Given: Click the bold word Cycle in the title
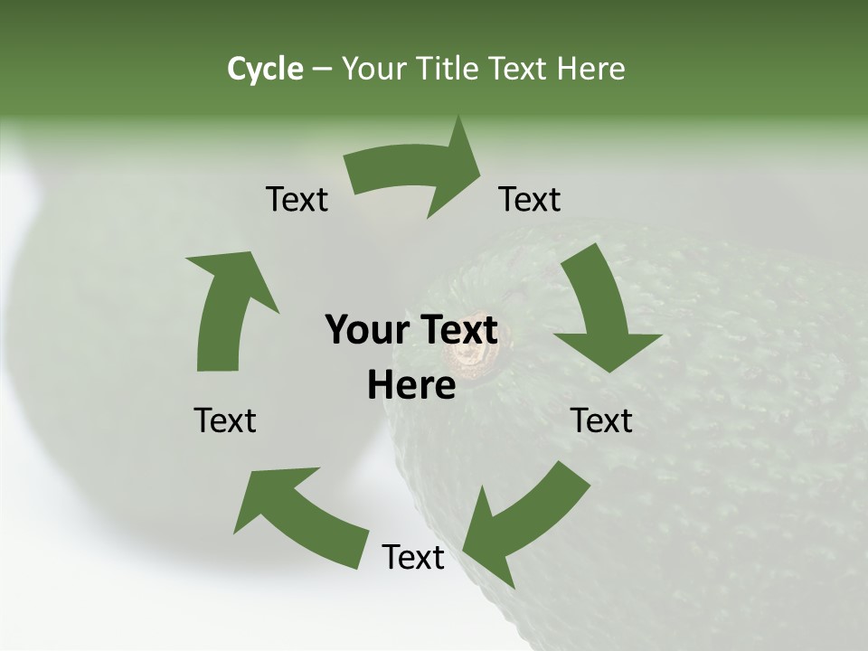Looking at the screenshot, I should [265, 69].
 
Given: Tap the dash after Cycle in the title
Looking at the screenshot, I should [322, 69].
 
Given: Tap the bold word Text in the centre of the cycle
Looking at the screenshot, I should [458, 331].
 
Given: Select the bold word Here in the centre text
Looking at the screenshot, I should [411, 385].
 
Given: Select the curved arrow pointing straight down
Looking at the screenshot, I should [601, 312].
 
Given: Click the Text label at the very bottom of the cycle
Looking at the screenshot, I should [413, 557].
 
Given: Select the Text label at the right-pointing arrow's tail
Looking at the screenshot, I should [297, 199].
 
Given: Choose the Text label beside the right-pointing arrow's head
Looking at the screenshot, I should [530, 199].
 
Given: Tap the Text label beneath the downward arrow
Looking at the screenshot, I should [601, 420].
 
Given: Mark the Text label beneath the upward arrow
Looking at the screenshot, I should [225, 420].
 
